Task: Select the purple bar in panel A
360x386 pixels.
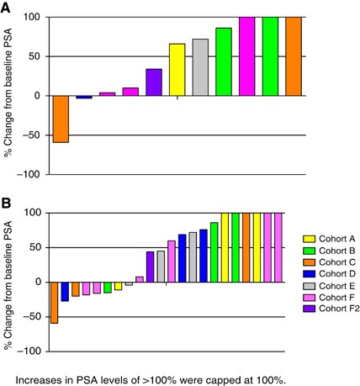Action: [154, 82]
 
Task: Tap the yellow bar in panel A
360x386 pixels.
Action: [177, 70]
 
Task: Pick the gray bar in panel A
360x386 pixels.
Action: [200, 67]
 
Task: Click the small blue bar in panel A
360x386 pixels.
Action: [84, 98]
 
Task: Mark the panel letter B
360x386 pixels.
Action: [8, 203]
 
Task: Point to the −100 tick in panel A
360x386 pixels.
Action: [32, 175]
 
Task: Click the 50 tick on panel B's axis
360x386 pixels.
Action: [36, 248]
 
